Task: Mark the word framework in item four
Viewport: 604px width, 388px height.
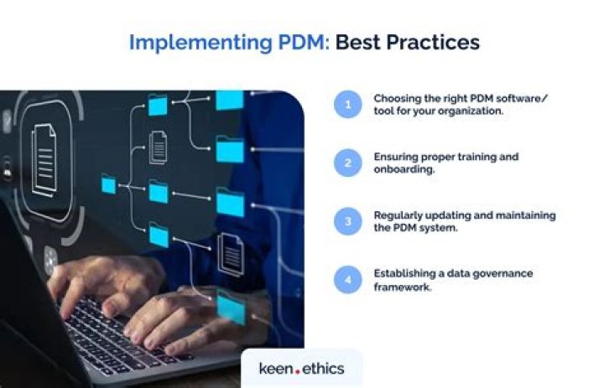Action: [402, 286]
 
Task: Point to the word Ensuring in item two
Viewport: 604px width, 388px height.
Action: [395, 156]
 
